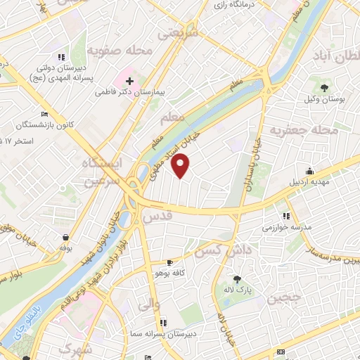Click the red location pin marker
(x=181, y=166)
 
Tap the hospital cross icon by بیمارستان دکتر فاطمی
(x=130, y=82)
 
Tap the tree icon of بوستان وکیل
(x=324, y=88)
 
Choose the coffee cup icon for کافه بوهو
(x=169, y=262)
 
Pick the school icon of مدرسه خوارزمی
(x=285, y=216)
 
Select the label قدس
(x=157, y=217)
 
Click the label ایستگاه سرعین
(x=103, y=172)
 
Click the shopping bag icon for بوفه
(x=65, y=237)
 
